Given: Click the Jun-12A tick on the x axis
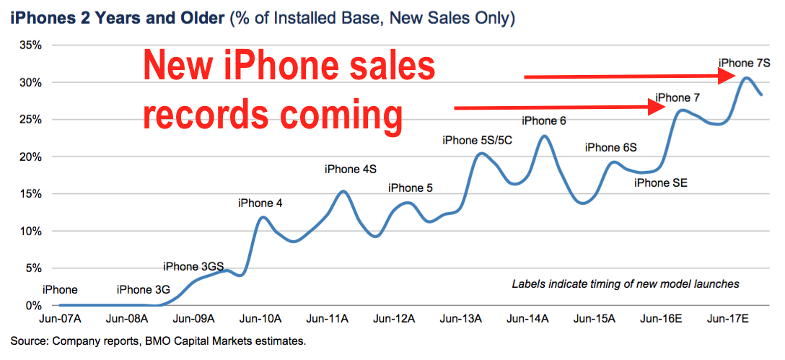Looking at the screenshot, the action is (x=395, y=318).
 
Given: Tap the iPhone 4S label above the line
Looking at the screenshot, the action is (x=350, y=170).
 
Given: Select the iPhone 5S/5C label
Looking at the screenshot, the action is (x=477, y=141).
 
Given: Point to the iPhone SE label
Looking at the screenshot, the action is (x=661, y=183).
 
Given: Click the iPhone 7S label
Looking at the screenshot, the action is (x=745, y=63).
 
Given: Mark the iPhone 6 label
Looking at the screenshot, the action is (x=544, y=120).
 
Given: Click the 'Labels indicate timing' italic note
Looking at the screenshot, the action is (x=626, y=284).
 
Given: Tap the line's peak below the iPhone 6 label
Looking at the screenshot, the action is (x=544, y=136).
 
